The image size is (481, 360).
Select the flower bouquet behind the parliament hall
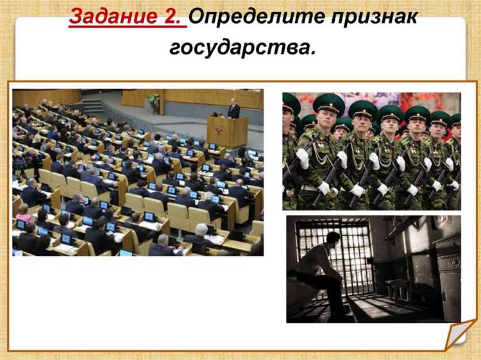point(154,99)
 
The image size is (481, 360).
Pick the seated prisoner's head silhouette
point(333,239)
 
